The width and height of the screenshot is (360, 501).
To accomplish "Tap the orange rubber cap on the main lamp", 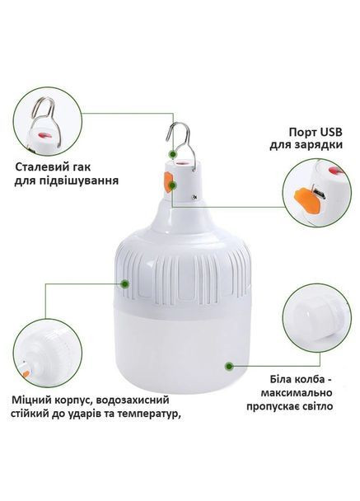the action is tap(168, 182).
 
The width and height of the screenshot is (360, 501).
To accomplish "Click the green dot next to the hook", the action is tap(172, 154).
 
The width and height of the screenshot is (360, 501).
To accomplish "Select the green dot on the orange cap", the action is tap(173, 185).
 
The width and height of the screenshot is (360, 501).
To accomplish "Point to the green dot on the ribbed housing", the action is tap(125, 283).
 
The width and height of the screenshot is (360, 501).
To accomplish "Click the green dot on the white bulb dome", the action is tap(229, 366).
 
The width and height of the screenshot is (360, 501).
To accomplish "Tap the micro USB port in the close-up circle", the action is tap(319, 194).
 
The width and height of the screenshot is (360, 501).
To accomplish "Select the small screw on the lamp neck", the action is tap(194, 197).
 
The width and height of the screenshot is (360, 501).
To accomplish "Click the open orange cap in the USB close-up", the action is tap(307, 201).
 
